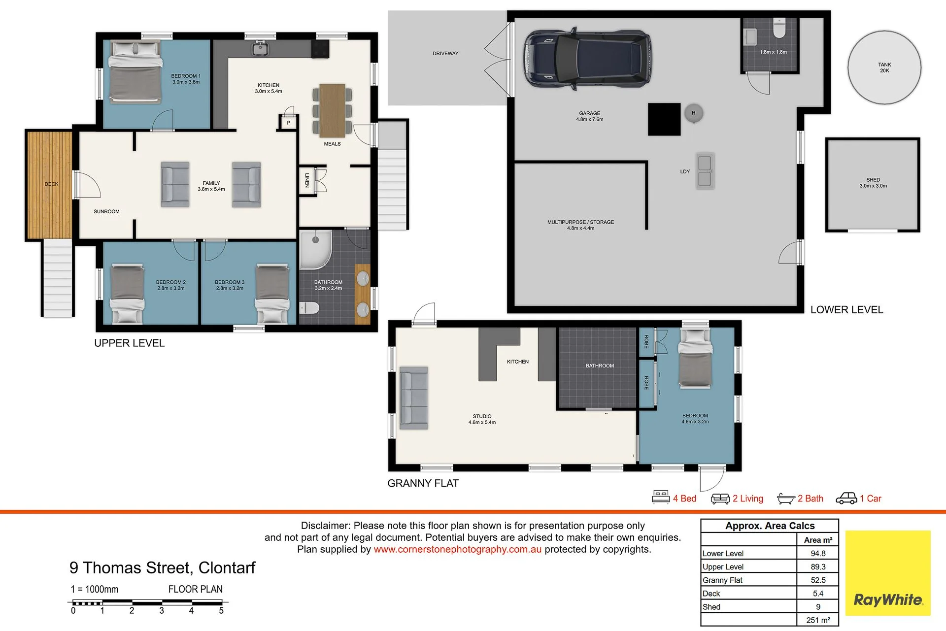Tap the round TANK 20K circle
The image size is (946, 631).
pos(884,67)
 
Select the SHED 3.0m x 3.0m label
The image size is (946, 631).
pos(873,183)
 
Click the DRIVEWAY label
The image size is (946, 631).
pos(445,53)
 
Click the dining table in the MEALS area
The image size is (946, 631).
pos(332,110)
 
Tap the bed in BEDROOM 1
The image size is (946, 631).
pos(135,72)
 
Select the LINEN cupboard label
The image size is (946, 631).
pos(307,180)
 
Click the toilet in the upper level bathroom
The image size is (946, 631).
pos(309,308)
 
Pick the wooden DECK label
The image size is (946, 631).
pos(51,184)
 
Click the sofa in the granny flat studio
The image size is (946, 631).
pos(413,398)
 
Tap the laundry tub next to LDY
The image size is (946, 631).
pos(705,171)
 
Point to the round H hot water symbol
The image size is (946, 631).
pos(693,113)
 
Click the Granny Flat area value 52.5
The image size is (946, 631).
pos(818,580)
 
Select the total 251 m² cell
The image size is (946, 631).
pos(818,620)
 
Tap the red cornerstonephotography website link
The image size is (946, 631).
pos(457,549)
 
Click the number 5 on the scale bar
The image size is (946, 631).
pos(221,611)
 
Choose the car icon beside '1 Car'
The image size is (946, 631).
pos(846,498)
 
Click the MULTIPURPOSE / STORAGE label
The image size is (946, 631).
pos(580,225)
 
